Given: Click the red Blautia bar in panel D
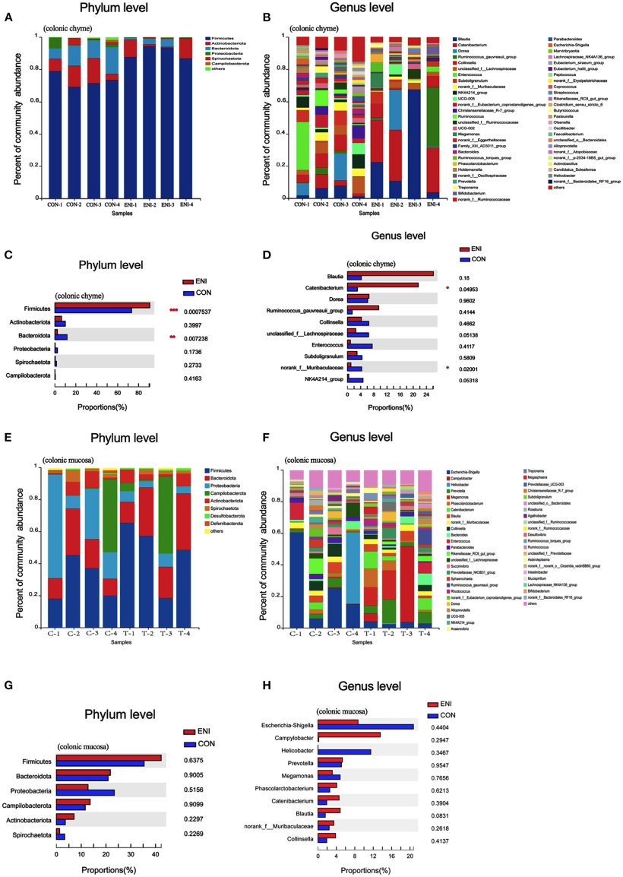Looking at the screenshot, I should tap(390, 274).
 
